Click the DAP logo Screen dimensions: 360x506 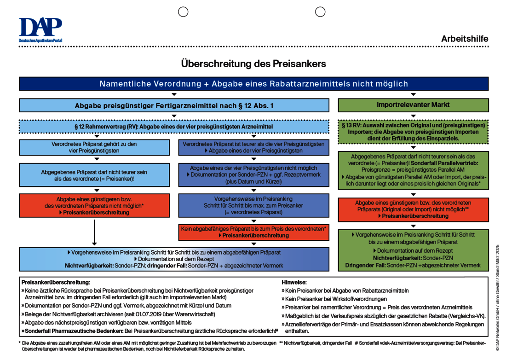(x=40, y=29)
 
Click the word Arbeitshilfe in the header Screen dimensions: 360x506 (x=465, y=39)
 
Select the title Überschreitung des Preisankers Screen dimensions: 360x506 (x=253, y=64)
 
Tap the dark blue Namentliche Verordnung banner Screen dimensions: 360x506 (x=253, y=84)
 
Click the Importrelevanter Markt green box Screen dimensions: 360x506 (x=413, y=105)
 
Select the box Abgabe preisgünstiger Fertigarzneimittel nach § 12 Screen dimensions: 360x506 (x=174, y=105)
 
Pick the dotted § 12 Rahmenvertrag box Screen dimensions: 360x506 (x=174, y=126)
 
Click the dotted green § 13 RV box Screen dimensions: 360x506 (x=413, y=132)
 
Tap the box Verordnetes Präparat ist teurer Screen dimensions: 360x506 (x=253, y=147)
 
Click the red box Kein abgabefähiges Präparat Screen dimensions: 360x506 (x=253, y=232)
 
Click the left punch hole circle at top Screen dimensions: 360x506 (x=183, y=12)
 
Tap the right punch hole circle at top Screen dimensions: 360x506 (x=320, y=12)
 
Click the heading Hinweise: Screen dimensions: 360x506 (x=294, y=282)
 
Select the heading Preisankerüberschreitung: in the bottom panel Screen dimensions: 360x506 (x=56, y=282)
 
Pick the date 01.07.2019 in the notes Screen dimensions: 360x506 (x=125, y=314)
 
